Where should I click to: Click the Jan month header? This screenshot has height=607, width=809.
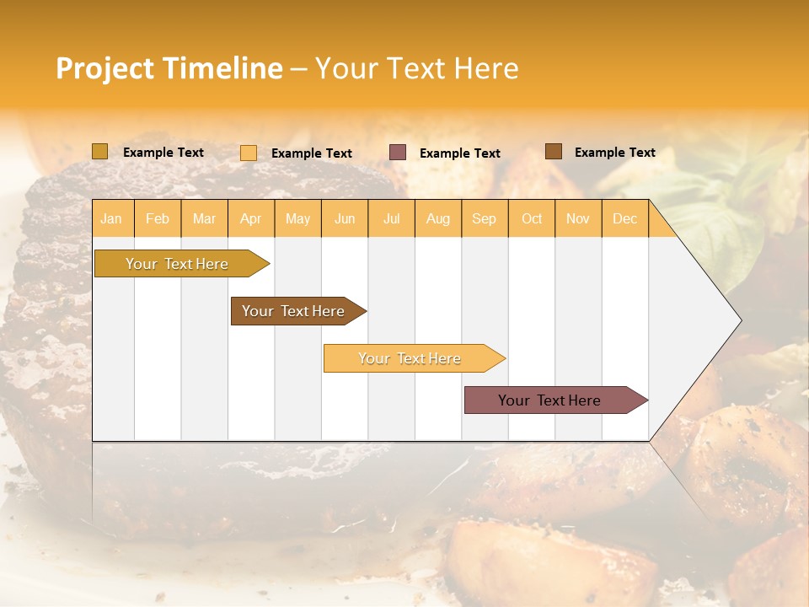pyautogui.click(x=112, y=218)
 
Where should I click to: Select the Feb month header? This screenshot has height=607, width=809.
pyautogui.click(x=158, y=218)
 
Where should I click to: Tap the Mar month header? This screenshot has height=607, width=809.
pyautogui.click(x=204, y=218)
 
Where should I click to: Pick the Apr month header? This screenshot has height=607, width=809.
pyautogui.click(x=251, y=218)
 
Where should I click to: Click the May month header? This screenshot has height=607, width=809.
pyautogui.click(x=297, y=218)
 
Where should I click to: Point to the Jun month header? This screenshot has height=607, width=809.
pyautogui.click(x=345, y=218)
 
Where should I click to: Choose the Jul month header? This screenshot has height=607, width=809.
pyautogui.click(x=391, y=218)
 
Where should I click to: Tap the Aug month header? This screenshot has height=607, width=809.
pyautogui.click(x=438, y=218)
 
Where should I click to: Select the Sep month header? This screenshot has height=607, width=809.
pyautogui.click(x=485, y=218)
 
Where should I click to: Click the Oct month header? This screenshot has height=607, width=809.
pyautogui.click(x=532, y=218)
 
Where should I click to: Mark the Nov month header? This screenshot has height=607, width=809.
pyautogui.click(x=578, y=218)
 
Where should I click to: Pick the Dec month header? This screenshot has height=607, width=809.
pyautogui.click(x=625, y=218)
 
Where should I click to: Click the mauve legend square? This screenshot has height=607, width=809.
pyautogui.click(x=398, y=153)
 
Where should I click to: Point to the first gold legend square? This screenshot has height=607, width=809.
pyautogui.click(x=100, y=152)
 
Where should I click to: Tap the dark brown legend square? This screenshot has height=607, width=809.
pyautogui.click(x=554, y=152)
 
